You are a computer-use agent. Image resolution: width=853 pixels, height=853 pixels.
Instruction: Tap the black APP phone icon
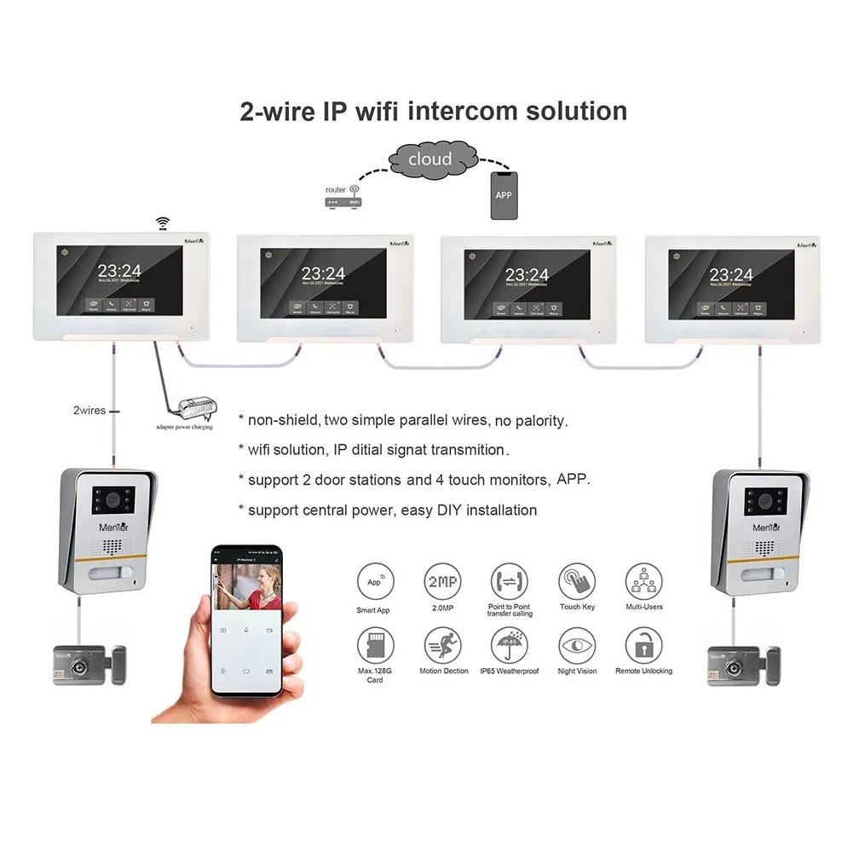pos(504,194)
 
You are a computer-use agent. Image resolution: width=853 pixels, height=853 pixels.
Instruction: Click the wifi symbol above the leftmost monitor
pos(162,223)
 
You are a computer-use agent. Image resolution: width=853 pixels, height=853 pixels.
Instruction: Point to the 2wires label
pos(89,411)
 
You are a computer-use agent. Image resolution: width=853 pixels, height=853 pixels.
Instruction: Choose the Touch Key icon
pos(577,581)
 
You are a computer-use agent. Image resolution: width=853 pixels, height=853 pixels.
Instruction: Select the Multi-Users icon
pos(643,581)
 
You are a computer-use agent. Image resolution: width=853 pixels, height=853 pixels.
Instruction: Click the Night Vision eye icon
pos(577,646)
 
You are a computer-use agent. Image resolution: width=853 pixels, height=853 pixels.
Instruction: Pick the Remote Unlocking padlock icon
pos(643,646)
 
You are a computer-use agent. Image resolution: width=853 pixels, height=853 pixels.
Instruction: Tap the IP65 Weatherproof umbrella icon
pos(510,646)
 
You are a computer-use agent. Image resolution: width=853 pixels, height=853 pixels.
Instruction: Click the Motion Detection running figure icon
pos(443,646)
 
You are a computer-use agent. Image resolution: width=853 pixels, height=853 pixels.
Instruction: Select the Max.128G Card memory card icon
pos(376,646)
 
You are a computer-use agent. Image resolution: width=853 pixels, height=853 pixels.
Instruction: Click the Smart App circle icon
pos(376,581)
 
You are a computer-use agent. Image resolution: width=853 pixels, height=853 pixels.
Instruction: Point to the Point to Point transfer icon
pos(510,581)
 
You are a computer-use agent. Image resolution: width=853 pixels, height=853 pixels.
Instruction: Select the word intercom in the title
pos(461,111)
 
